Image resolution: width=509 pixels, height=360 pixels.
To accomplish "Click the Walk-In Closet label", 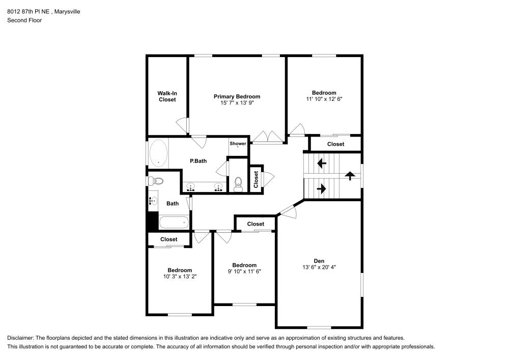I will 167,96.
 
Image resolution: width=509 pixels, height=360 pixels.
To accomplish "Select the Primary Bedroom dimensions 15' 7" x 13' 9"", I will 237,103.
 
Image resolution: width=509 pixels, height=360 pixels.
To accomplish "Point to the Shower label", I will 238,144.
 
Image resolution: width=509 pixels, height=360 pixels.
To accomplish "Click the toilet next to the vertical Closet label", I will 238,184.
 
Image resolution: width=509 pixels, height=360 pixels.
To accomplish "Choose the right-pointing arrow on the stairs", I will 321,188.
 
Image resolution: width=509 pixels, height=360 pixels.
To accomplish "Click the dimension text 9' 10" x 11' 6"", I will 244,272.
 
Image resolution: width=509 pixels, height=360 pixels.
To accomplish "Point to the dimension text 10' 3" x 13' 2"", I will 180,276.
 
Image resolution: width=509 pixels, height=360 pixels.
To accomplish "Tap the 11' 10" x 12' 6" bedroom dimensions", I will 324,99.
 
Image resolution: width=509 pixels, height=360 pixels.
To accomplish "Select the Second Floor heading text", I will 24,20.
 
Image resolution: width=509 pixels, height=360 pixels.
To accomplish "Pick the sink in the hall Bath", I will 153,201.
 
